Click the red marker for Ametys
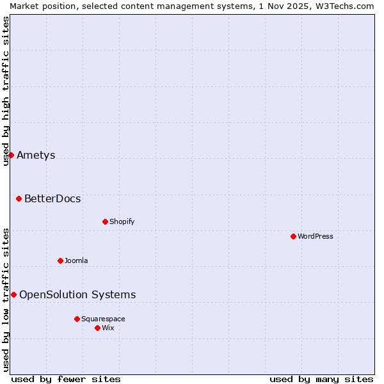click(x=11, y=155)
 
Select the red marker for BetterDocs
click(x=19, y=198)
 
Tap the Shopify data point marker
click(x=105, y=221)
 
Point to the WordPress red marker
click(x=293, y=236)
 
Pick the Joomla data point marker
click(x=60, y=260)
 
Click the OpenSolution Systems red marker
click(x=13, y=294)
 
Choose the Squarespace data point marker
click(x=77, y=319)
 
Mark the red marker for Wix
click(x=97, y=328)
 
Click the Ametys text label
click(x=36, y=155)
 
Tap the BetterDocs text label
click(x=52, y=198)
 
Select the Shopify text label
click(x=122, y=221)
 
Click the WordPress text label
click(x=315, y=236)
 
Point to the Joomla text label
click(x=76, y=260)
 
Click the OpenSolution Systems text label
click(x=77, y=294)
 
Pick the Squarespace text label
click(x=103, y=319)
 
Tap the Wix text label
click(x=108, y=328)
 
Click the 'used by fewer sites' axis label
click(x=66, y=379)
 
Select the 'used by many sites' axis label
click(x=321, y=379)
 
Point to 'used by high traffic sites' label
click(x=6, y=91)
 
